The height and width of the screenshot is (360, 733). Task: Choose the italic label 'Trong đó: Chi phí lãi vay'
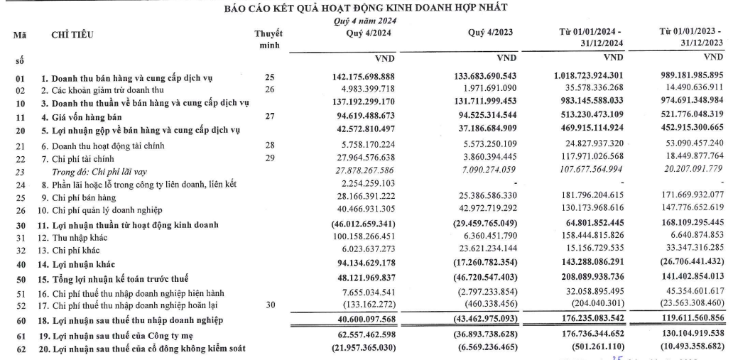coord(100,170)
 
